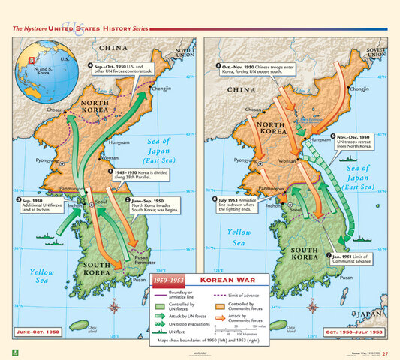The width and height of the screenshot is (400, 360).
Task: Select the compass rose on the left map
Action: pyautogui.click(x=113, y=305)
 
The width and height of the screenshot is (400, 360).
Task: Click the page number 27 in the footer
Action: pyautogui.click(x=384, y=354)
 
